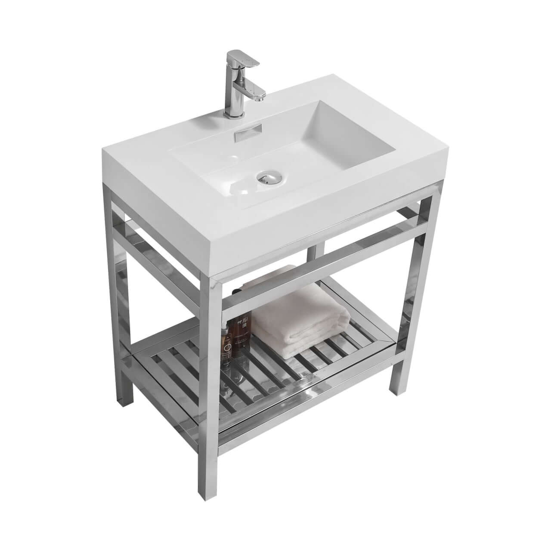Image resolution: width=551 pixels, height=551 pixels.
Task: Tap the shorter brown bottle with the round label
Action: [x=226, y=344]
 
